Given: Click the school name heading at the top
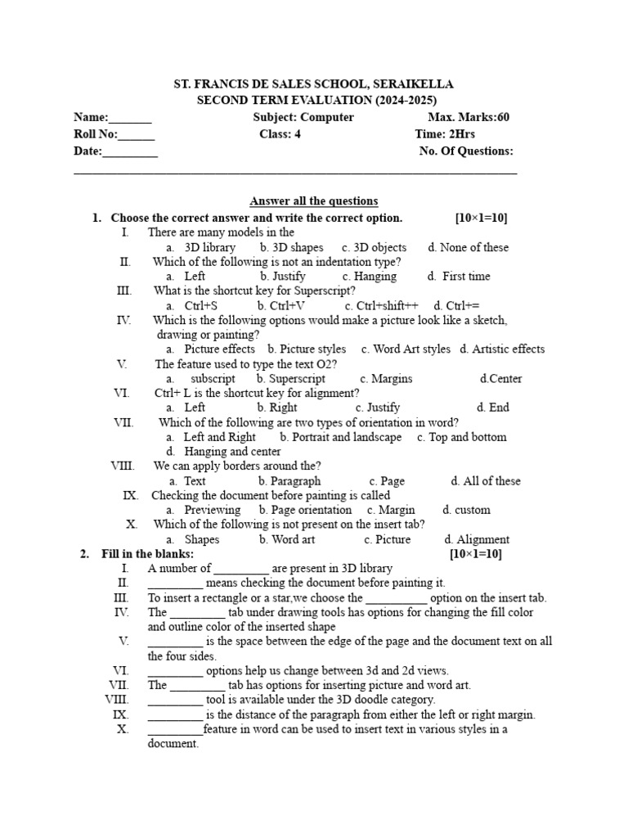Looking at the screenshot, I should coord(314,84).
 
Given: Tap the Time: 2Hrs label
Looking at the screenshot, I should coord(445,134).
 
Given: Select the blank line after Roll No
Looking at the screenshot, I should coord(137,136).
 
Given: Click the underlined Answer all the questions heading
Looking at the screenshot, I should coord(313,201).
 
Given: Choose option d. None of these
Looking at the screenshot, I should coord(468,247).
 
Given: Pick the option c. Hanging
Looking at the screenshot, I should coord(370,277).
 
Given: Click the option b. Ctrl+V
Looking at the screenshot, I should coord(280,305).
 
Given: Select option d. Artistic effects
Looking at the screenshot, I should coord(502,349).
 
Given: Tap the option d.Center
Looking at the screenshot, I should coord(500,379).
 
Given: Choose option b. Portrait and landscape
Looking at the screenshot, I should coord(340,437).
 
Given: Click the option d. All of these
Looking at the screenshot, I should coord(485,481).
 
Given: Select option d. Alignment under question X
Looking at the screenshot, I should coord(477,539).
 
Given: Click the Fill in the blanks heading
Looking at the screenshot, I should coord(147,554).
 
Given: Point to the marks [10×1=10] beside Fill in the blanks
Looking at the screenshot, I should coord(476,554).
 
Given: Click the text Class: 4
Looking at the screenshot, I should coord(280,134).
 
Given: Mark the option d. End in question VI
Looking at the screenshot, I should coord(493,407).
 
